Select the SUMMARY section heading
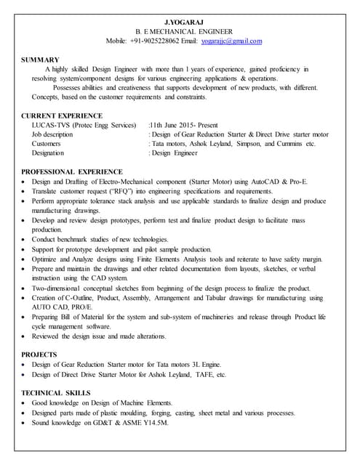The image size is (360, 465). coord(41,60)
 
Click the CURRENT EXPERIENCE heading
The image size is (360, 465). coord(62,116)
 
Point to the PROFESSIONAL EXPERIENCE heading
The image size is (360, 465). coord(76,172)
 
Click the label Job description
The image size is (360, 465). coord(52,135)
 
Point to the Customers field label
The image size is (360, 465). coord(47,144)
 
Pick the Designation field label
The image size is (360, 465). coord(49,153)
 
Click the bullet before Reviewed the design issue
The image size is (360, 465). coord(25,336)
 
